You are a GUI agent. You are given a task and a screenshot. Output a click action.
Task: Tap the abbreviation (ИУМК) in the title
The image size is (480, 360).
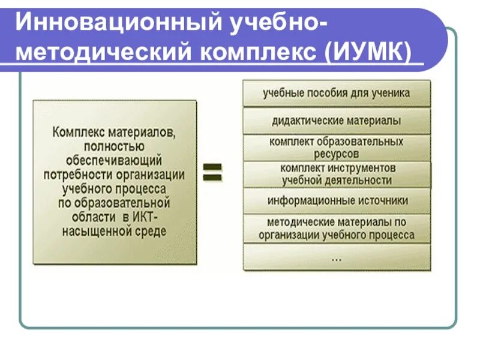[x=370, y=52]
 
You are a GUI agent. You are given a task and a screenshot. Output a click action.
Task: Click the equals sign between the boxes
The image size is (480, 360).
[x=212, y=172]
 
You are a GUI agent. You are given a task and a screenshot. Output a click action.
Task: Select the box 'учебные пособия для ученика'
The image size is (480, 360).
[x=337, y=94]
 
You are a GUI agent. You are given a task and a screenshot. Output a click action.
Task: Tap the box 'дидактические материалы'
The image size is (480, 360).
[x=337, y=121]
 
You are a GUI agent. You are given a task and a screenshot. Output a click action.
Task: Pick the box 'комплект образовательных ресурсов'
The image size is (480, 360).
[x=337, y=148]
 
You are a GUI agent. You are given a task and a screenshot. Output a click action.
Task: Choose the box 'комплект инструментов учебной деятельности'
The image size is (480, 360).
[x=337, y=174]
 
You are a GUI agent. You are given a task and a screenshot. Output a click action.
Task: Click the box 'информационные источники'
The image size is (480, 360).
[x=337, y=201]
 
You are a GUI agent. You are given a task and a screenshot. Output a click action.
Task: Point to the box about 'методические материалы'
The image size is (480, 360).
[x=337, y=228]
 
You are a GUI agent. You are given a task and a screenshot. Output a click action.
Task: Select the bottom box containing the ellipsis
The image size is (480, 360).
[x=337, y=257]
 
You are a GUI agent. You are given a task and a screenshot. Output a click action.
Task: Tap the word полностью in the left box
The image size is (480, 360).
[x=114, y=146]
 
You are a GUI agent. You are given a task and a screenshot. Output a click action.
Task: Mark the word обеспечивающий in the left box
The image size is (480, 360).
[x=114, y=160]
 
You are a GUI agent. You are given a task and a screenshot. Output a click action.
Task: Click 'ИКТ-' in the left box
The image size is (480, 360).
[x=157, y=217]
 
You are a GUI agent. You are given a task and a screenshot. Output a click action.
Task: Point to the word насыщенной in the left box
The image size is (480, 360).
[x=91, y=231]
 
